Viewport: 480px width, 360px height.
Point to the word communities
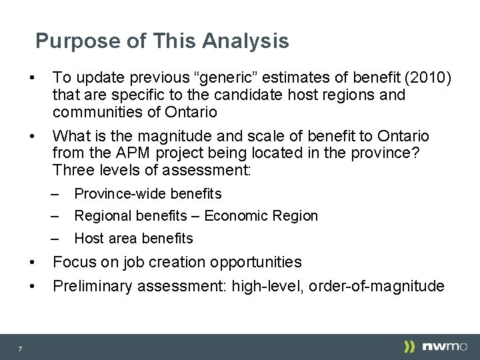(x=98, y=112)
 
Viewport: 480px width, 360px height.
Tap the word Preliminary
(x=92, y=286)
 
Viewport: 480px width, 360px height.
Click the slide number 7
(x=20, y=349)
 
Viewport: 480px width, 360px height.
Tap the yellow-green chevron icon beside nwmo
(x=409, y=347)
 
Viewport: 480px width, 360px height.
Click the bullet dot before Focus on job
(x=32, y=262)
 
